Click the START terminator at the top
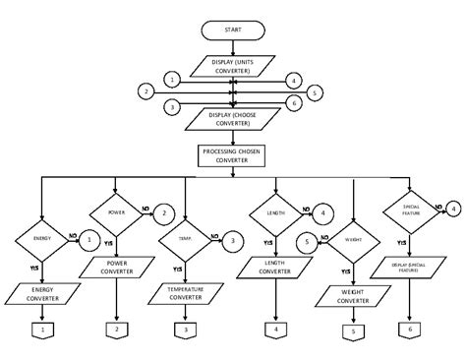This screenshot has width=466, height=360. point(232,30)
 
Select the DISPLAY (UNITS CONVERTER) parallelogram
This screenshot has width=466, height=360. point(232,65)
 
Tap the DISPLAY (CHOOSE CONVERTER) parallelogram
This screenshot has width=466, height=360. point(232,118)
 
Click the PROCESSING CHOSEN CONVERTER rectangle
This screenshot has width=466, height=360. point(232,154)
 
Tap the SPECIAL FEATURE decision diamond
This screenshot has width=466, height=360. point(411,210)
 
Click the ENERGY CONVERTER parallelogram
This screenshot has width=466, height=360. point(44,294)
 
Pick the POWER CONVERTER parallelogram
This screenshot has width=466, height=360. point(116,266)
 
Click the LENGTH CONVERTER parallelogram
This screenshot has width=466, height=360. point(274,266)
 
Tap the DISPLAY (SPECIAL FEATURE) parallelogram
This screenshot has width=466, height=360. point(411,266)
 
